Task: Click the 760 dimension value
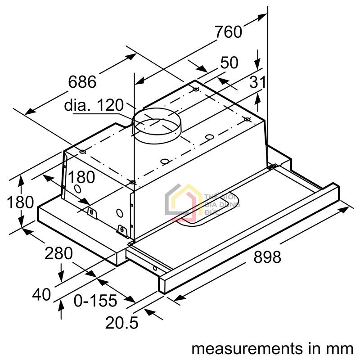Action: pos(228,32)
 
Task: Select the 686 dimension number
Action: pos(82,81)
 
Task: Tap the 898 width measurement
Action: pos(267,257)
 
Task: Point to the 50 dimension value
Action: pos(229,63)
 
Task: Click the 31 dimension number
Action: pos(258,82)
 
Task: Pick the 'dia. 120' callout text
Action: pos(94,105)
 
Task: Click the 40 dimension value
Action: pos(41,295)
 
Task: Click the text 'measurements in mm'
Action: pos(272,348)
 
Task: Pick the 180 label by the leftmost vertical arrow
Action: pos(20,202)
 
